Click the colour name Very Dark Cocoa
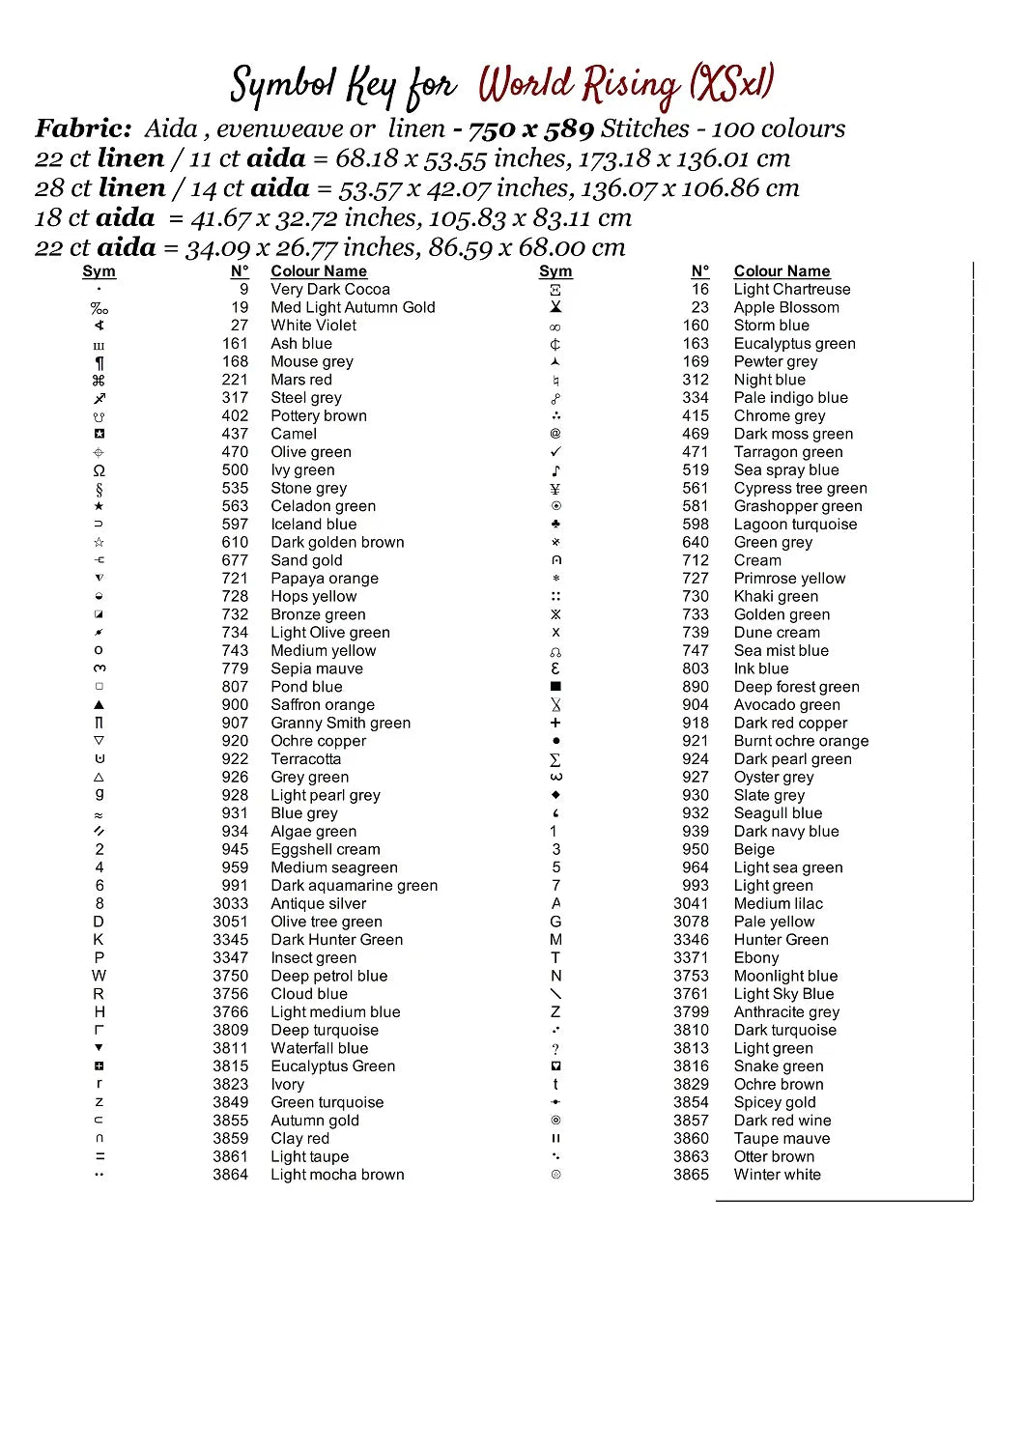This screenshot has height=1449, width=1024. click(330, 289)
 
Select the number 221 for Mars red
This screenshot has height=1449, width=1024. click(235, 380)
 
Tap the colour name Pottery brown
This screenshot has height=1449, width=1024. click(319, 416)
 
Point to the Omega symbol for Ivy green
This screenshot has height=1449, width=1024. click(100, 470)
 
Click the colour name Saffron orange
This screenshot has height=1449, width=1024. click(323, 705)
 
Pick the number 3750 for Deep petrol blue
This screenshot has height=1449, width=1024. click(231, 976)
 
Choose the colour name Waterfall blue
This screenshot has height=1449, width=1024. click(319, 1048)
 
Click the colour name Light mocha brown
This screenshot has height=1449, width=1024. click(337, 1175)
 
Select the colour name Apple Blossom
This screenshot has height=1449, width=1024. click(786, 307)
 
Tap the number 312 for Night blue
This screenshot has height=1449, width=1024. click(696, 380)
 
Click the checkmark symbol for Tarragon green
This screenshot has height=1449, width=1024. click(555, 452)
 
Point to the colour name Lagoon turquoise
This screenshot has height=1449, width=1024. click(795, 525)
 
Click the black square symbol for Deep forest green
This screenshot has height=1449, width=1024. click(555, 687)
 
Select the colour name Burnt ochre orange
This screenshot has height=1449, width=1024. click(801, 741)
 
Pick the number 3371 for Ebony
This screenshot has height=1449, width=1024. click(691, 957)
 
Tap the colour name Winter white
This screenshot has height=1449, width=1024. click(777, 1175)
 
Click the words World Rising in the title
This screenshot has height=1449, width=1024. click(580, 85)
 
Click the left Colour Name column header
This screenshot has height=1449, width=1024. click(319, 271)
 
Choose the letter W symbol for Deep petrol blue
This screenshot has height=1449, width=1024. click(99, 976)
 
